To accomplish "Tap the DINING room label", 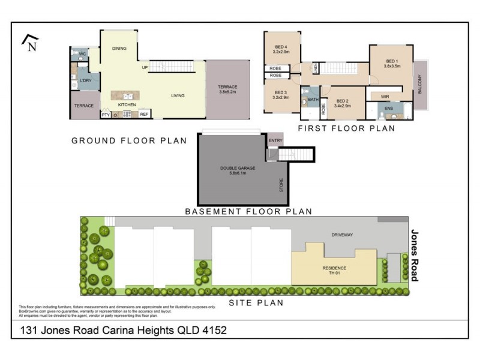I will [x=119, y=49].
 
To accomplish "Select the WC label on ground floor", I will [x=83, y=55].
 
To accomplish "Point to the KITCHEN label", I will [x=127, y=105].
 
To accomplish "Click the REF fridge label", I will [x=144, y=114].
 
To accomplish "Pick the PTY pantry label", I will [x=106, y=114].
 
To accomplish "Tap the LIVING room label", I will [x=178, y=95].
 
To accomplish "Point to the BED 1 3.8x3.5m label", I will [x=392, y=64].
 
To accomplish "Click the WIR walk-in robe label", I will [x=385, y=96].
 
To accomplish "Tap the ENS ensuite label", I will [x=389, y=109].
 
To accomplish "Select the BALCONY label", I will [x=420, y=85].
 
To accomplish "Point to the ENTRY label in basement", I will [x=275, y=140].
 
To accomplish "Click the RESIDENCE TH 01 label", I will [x=334, y=271].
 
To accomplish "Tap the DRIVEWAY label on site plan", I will [x=343, y=236].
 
